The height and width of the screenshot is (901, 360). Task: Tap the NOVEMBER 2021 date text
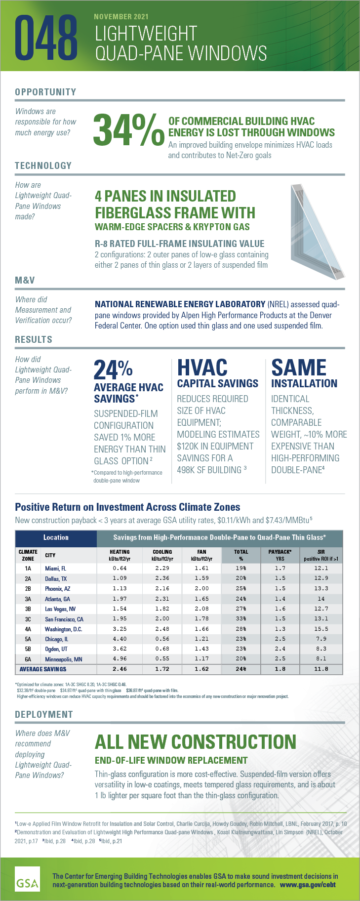pos(121,16)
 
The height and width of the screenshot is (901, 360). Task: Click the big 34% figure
pos(128,130)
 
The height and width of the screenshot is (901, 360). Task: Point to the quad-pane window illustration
pos(316,230)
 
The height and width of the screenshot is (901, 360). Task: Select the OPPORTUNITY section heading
pos(45,92)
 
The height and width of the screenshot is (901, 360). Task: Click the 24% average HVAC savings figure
pos(113,369)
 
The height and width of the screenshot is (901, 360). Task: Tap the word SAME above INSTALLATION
pos(299,368)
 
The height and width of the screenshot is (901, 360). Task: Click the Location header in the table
pos(56,537)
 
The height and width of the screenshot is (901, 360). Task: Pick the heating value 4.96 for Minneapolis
pos(120,658)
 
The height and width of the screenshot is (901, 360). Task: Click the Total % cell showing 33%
pos(241,618)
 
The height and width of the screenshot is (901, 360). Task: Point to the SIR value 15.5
pos(321,629)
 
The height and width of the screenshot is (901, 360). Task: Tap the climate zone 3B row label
pos(28,609)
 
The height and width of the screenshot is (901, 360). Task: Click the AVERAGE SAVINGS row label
pos(43,669)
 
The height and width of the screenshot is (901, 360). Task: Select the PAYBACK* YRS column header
pos(280,555)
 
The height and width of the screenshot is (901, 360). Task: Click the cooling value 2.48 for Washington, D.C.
pos(162,629)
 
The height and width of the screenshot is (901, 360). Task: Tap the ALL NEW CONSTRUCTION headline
pos(195,741)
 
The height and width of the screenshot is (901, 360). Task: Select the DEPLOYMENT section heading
pos(43,714)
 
